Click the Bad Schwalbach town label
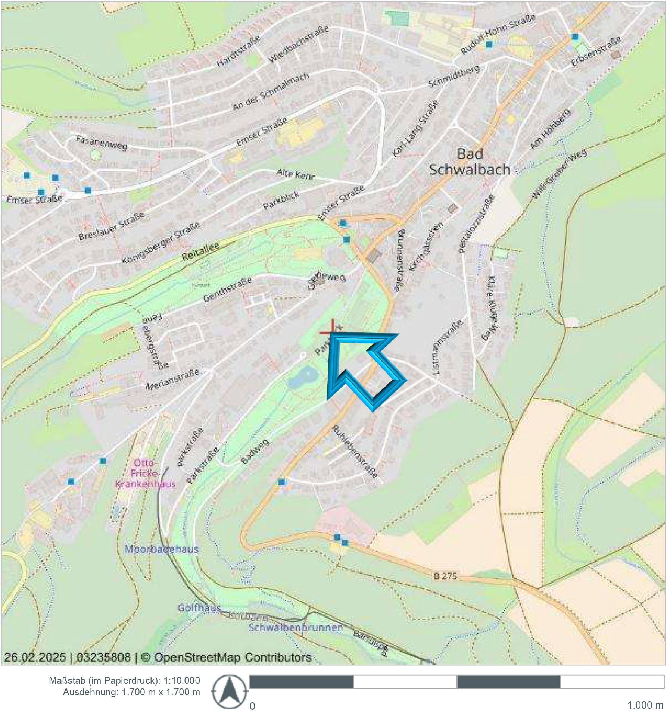[469, 162]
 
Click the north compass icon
[229, 691]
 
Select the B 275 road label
[445, 576]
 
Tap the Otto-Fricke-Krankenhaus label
[145, 473]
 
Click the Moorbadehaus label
[162, 549]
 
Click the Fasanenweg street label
[102, 143]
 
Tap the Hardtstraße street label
[239, 51]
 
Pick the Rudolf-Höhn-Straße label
[498, 34]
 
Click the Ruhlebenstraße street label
[354, 451]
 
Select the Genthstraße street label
[227, 290]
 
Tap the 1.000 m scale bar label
[645, 705]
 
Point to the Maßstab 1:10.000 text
[124, 680]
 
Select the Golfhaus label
[199, 608]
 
